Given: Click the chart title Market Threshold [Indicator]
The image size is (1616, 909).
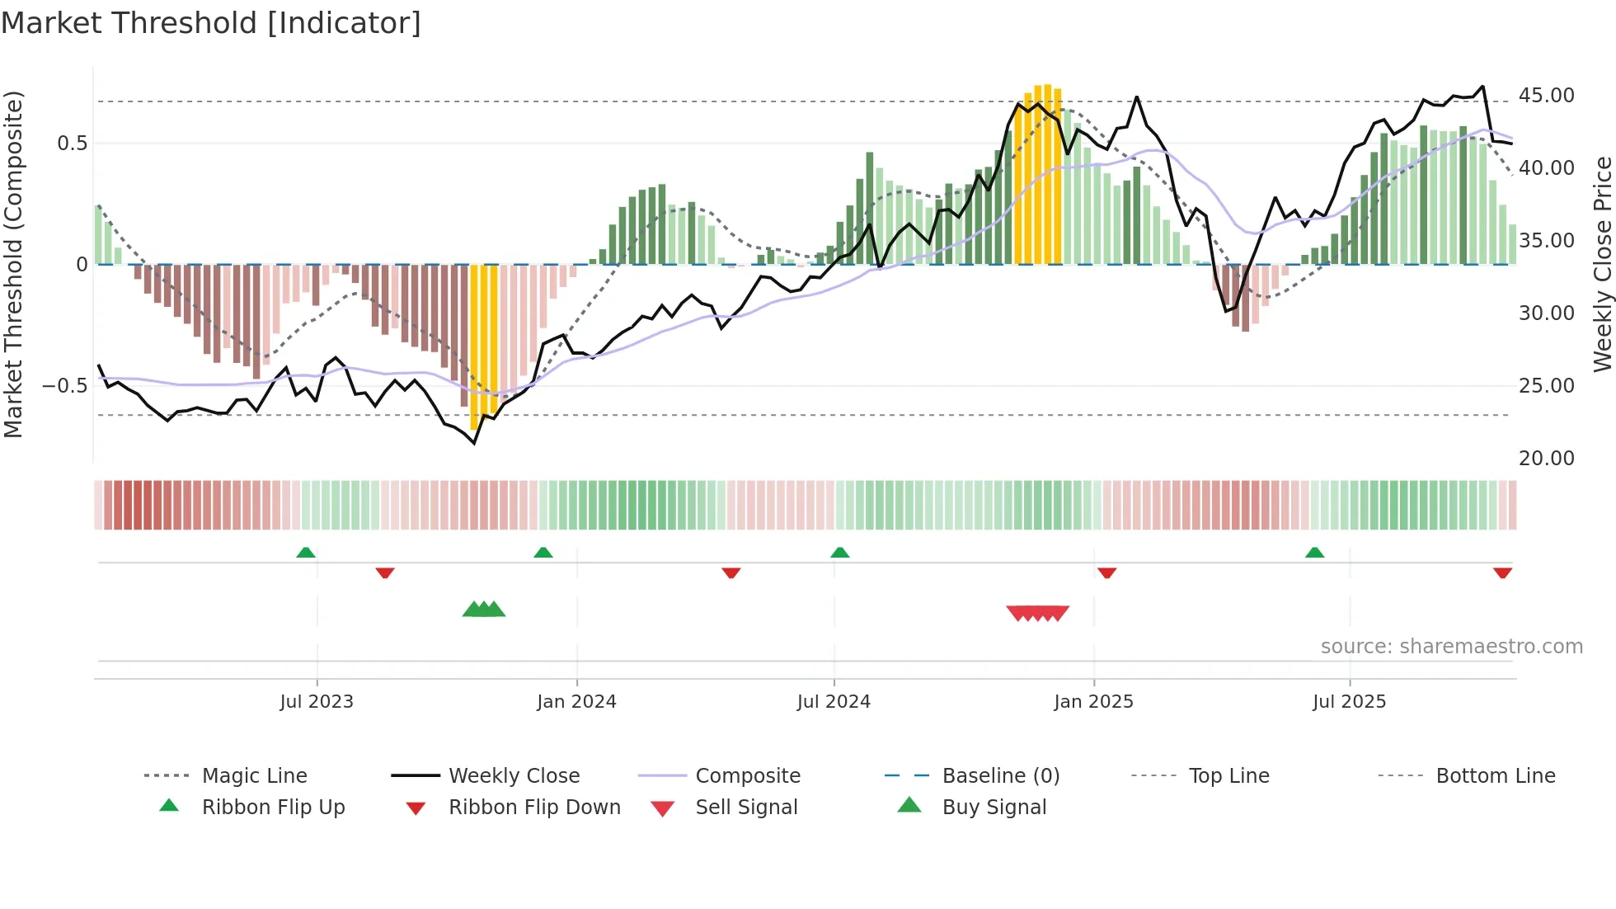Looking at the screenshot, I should point(211,23).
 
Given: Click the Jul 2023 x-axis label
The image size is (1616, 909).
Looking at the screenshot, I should point(317,702).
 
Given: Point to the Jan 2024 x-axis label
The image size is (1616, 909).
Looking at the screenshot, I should point(576,702).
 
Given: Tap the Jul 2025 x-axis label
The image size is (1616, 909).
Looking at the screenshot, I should point(1349,702).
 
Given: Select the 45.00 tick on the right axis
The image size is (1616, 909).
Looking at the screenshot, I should point(1546,96).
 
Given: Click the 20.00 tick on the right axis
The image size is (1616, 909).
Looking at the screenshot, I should point(1546,459).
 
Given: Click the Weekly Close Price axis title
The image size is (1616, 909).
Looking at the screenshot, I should point(1602,264).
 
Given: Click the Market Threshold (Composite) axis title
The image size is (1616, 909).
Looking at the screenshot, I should point(13,264).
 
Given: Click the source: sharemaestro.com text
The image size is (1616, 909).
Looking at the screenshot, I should point(1451,647).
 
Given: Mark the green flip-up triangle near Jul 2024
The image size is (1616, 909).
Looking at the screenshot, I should point(839,553).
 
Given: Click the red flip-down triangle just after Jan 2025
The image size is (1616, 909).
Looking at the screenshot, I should point(1106,572).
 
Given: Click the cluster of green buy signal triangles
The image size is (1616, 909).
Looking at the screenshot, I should point(484,610).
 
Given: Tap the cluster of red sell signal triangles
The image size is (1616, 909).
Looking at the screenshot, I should point(1037,613).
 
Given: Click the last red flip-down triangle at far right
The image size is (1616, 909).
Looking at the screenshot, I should point(1502,572).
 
